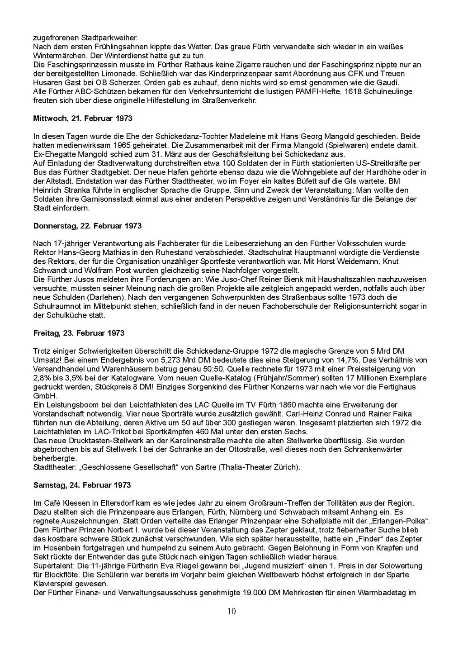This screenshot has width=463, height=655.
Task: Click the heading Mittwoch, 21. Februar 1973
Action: (x=83, y=119)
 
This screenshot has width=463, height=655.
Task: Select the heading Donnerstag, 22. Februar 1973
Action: (x=87, y=226)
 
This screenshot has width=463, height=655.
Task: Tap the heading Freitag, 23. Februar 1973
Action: (x=79, y=333)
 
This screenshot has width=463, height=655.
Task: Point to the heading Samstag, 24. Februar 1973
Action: (x=82, y=485)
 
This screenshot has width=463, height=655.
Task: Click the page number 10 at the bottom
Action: (x=231, y=612)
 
